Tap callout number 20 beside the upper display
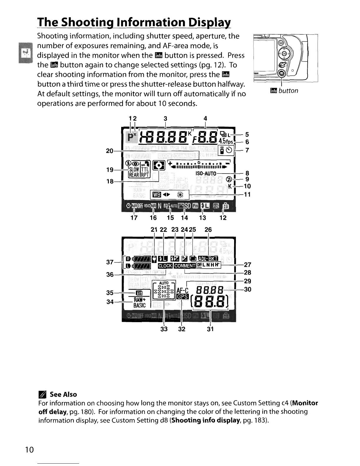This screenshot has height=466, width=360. click(x=109, y=151)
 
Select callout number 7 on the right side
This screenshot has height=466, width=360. click(x=247, y=150)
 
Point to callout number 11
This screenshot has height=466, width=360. click(x=247, y=194)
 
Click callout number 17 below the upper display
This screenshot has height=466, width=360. click(x=134, y=218)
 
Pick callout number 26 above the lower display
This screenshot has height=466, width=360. click(x=208, y=229)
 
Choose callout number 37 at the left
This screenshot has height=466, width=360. click(x=110, y=262)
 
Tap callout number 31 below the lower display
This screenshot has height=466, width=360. click(x=210, y=329)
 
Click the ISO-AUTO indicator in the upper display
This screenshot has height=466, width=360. click(x=206, y=174)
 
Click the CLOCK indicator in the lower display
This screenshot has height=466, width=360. click(x=165, y=266)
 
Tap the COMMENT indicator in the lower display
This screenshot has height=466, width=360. click(x=185, y=266)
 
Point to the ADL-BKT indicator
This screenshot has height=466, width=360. click(x=208, y=259)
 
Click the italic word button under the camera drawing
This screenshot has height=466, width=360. click(x=288, y=91)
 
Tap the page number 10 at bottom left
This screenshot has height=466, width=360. click(x=29, y=450)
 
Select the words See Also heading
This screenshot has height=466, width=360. click(x=63, y=395)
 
